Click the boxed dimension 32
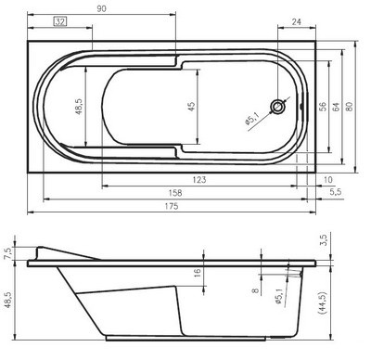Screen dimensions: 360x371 pyautogui.click(x=59, y=21)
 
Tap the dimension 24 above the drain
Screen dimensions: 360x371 pyautogui.click(x=297, y=21)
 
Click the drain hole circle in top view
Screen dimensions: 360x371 pyautogui.click(x=278, y=107)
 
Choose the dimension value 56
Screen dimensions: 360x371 pyautogui.click(x=324, y=106)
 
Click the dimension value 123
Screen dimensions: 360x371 pyautogui.click(x=199, y=178)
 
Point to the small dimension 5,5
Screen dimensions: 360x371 pyautogui.click(x=336, y=191)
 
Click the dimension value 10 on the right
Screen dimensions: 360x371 pyautogui.click(x=328, y=178)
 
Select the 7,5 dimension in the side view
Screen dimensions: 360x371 pyautogui.click(x=9, y=252)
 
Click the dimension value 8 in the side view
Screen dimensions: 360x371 pyautogui.click(x=255, y=289)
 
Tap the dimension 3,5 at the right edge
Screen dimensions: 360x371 pyautogui.click(x=323, y=239)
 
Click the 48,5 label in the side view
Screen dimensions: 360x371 pyautogui.click(x=9, y=302)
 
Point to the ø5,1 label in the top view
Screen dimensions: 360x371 pyautogui.click(x=252, y=120)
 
